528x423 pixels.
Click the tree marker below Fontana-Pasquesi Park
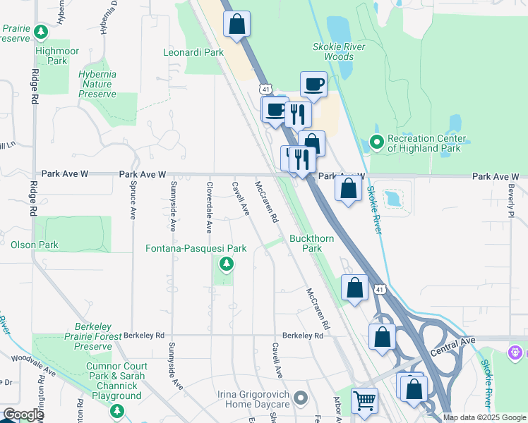point(226,264)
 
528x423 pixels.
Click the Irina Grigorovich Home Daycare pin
point(302,398)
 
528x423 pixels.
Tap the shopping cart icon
point(364,400)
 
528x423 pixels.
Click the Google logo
point(23,415)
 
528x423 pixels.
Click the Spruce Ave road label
point(133,205)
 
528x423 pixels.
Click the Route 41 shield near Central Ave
point(380,290)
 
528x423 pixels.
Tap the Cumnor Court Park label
point(117,366)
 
